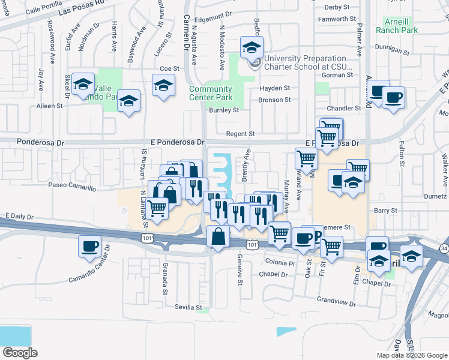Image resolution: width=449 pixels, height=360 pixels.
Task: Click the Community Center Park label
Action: [211, 93]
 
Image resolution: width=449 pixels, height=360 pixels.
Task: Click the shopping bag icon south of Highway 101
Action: [217, 237]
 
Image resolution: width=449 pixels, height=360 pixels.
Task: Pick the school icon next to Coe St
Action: [163, 86]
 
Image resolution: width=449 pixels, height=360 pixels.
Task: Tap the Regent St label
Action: [240, 134]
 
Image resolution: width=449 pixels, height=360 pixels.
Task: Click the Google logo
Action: [20, 353]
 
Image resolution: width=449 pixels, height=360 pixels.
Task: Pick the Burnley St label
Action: [224, 110]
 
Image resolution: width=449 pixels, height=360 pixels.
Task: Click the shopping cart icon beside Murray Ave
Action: [306, 159]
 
